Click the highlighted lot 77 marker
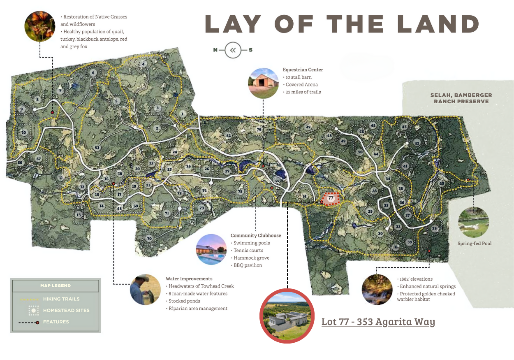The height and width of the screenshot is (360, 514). click(331, 198)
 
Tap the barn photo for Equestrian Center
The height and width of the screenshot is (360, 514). click(264, 83)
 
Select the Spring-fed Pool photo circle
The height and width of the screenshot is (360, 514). click(474, 222)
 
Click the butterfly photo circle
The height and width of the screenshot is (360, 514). click(40, 26)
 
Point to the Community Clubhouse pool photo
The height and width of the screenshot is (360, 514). click(211, 249)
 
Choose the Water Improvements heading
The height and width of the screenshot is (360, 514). click(189, 279)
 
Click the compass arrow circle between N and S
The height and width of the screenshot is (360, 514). click(233, 50)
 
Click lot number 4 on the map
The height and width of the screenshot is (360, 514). click(143, 64)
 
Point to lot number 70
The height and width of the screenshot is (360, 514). click(149, 239)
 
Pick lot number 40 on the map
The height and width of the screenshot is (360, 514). click(442, 183)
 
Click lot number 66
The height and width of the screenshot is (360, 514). click(19, 163)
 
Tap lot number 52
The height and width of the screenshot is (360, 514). click(229, 136)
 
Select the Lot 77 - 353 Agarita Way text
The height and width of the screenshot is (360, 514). click(378, 321)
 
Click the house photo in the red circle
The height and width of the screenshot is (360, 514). click(287, 316)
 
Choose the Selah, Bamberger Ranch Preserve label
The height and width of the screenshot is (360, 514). click(461, 98)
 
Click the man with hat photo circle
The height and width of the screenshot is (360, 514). click(145, 289)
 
